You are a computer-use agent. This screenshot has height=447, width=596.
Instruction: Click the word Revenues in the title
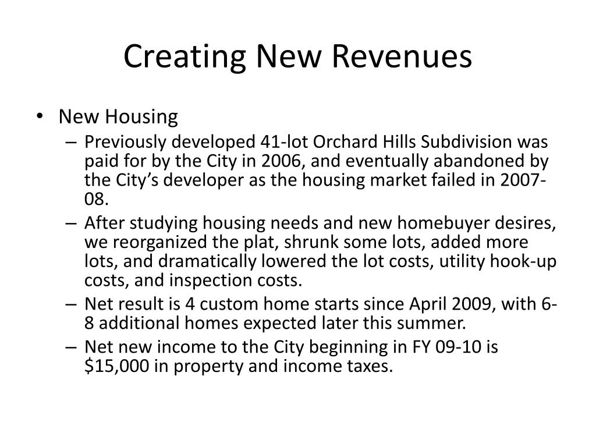[402, 56]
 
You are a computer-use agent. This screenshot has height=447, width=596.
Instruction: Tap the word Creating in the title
[185, 57]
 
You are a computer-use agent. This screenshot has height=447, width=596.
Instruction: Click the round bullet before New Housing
[40, 116]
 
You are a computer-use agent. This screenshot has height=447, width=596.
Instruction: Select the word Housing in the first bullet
[141, 116]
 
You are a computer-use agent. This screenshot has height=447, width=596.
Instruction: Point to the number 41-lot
[284, 142]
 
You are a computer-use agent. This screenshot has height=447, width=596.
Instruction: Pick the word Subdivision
[466, 142]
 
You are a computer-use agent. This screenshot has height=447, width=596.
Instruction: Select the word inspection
[211, 281]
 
